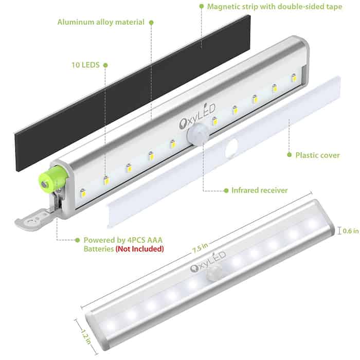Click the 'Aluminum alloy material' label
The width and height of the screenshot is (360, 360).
101,22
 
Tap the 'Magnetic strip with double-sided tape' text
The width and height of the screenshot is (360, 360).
275,6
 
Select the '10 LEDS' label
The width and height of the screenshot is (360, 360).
86,65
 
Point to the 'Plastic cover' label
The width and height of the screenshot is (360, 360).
317,155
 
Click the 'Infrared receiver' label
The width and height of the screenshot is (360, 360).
259,190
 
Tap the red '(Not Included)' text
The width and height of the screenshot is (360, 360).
140,249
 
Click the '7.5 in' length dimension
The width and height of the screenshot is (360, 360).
201,248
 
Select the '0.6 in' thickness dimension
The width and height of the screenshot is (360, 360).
351,231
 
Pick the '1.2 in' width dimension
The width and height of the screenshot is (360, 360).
86,337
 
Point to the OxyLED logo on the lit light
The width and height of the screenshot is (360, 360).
208,262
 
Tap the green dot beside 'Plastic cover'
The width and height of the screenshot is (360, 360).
289,155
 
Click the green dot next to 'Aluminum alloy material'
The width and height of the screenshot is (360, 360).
151,23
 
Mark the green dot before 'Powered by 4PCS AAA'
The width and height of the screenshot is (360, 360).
77,240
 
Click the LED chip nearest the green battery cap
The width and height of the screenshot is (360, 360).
83,193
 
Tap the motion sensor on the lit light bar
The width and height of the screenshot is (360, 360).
214,272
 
